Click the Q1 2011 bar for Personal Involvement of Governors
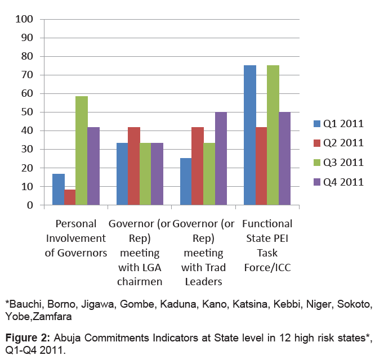pyautogui.click(x=58, y=190)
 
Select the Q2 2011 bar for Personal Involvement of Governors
pyautogui.click(x=70, y=197)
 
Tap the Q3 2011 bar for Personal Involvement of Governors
pyautogui.click(x=82, y=151)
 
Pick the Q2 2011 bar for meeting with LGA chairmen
pyautogui.click(x=133, y=166)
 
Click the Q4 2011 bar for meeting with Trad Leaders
pyautogui.click(x=220, y=159)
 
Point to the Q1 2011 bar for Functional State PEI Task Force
pyautogui.click(x=249, y=135)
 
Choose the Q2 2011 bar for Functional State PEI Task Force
pyautogui.click(x=261, y=166)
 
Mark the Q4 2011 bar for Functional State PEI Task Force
pyautogui.click(x=284, y=159)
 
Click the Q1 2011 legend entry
pyautogui.click(x=338, y=124)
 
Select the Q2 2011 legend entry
pyautogui.click(x=338, y=143)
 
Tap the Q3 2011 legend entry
pyautogui.click(x=338, y=163)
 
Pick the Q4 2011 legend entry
pyautogui.click(x=338, y=182)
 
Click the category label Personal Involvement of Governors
pyautogui.click(x=76, y=238)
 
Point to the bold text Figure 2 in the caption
pyautogui.click(x=26, y=337)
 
